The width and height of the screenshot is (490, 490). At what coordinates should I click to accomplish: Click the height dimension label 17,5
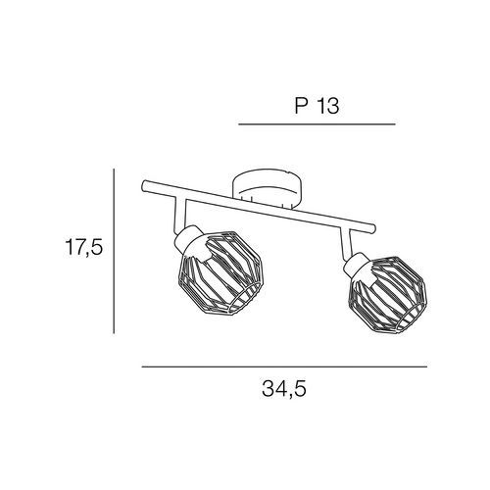(x=84, y=247)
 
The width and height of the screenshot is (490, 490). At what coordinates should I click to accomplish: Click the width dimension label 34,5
(x=284, y=389)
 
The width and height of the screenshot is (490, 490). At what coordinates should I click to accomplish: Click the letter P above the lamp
(x=301, y=106)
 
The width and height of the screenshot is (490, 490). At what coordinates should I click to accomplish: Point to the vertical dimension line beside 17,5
(x=114, y=251)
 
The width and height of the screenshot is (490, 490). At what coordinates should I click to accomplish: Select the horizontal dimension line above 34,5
(x=284, y=367)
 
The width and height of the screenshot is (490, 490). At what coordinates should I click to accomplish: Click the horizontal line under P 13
(x=317, y=124)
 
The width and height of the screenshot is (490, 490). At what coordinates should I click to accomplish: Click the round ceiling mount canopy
(x=267, y=188)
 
